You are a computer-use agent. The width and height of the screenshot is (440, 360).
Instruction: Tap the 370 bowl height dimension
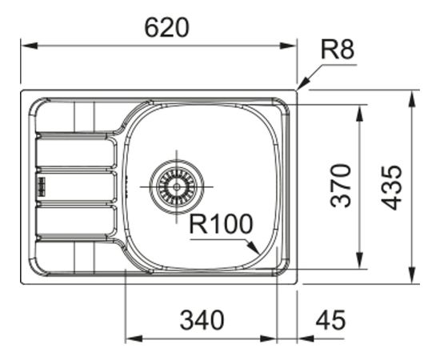click(341, 185)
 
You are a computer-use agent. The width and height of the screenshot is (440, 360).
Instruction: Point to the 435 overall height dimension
click(391, 187)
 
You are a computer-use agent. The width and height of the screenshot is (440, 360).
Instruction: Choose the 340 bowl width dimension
click(201, 321)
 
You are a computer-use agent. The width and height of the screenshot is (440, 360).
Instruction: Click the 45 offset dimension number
click(330, 321)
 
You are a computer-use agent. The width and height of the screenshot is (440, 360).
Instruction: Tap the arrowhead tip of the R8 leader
click(299, 88)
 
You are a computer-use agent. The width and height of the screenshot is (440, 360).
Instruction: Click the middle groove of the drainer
click(76, 186)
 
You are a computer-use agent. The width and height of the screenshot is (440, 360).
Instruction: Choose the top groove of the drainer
click(76, 150)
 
